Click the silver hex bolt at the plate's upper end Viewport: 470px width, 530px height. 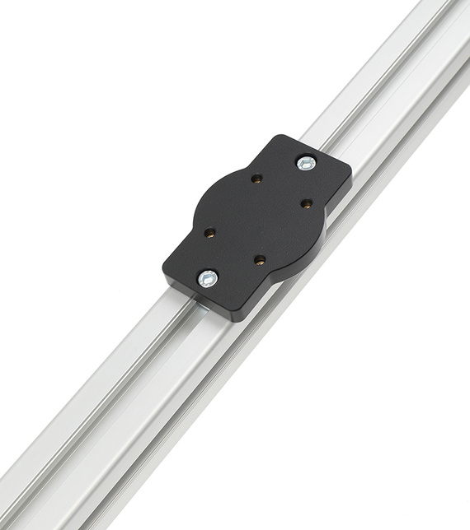306,163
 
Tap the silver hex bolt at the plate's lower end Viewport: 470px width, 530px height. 208,278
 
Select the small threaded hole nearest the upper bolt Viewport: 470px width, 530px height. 256,179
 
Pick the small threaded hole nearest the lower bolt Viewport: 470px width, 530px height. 209,233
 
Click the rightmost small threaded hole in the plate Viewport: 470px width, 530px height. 306,202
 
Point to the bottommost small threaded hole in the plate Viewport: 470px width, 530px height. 260,260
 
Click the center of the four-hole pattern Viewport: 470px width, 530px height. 257,219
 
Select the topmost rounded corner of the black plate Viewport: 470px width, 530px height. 281,138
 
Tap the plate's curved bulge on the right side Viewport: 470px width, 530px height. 317,247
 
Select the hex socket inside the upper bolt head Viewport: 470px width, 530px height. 306,163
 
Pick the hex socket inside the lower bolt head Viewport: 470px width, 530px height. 208,278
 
